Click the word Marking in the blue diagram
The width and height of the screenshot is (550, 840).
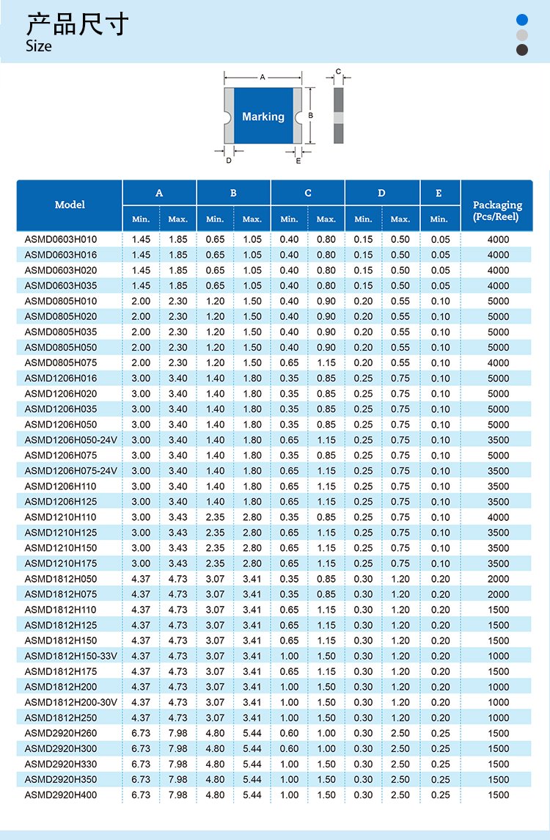tap(263, 117)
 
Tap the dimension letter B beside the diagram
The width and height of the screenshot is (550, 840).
tap(311, 115)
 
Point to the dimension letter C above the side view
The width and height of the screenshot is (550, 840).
tap(338, 72)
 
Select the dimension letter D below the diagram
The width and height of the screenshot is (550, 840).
tap(228, 160)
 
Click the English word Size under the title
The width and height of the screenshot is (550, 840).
tap(39, 46)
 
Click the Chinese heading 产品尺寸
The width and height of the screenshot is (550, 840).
tap(77, 24)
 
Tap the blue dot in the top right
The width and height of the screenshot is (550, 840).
tap(522, 20)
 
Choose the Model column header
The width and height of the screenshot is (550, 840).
tap(70, 205)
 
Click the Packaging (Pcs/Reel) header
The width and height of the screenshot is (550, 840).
tap(497, 211)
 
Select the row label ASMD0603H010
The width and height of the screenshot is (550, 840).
tap(61, 239)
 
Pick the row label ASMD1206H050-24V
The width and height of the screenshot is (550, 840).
tap(71, 439)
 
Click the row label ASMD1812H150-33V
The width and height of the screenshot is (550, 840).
tap(71, 656)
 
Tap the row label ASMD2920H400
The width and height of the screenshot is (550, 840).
tap(61, 795)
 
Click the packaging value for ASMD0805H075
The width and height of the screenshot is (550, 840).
tap(498, 362)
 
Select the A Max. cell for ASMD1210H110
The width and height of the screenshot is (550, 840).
tap(177, 517)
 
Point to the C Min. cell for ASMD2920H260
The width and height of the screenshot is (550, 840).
tap(289, 733)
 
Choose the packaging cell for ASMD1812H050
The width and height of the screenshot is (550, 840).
tap(498, 579)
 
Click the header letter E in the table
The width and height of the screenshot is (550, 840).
tap(439, 193)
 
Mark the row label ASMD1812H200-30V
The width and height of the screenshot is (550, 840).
tap(71, 702)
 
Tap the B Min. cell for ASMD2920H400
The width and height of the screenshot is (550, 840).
tap(215, 795)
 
